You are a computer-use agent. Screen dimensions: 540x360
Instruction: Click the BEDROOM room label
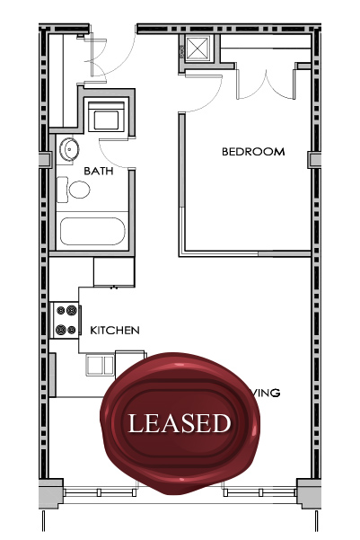(x=253, y=152)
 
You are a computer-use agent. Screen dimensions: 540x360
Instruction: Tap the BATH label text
(x=98, y=170)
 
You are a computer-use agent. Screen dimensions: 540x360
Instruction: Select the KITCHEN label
(x=115, y=331)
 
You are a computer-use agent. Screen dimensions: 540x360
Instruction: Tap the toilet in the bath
(x=77, y=190)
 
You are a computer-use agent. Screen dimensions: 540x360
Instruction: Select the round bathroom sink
(x=69, y=149)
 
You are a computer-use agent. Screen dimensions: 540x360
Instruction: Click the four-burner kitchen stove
(x=66, y=319)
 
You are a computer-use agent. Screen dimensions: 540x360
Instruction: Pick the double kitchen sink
(x=100, y=364)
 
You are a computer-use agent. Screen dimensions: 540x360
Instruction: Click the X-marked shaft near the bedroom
(x=198, y=48)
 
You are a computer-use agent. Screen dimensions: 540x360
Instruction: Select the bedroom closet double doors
(x=265, y=83)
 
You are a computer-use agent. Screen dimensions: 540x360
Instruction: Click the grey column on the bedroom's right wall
(x=315, y=159)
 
